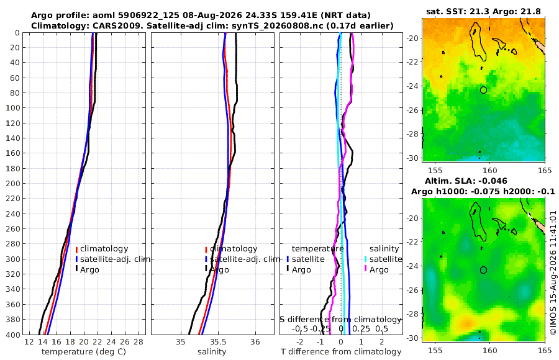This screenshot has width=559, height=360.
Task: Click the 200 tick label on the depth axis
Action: (12, 183)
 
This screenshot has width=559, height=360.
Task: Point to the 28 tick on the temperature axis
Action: (139, 342)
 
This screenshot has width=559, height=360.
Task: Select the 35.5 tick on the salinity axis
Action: (218, 342)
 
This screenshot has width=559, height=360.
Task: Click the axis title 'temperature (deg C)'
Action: (84, 352)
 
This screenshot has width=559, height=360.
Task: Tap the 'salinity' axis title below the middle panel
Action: (212, 352)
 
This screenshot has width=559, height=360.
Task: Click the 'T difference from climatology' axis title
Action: (341, 352)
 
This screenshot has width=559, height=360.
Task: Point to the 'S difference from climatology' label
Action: (341, 320)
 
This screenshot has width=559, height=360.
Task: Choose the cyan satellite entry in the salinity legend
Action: (383, 259)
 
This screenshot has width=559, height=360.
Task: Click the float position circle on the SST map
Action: (483, 90)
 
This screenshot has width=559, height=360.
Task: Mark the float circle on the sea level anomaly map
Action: (483, 270)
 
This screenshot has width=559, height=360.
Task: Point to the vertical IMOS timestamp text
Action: (553, 272)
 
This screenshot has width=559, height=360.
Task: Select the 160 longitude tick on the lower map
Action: (489, 351)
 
